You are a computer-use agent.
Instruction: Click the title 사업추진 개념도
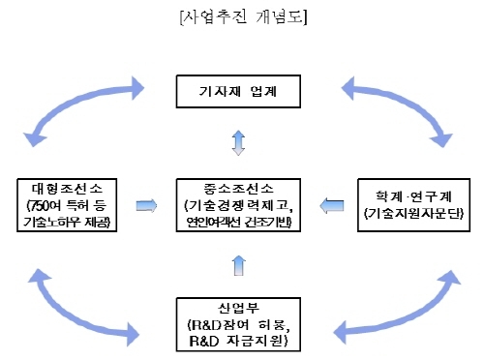[241, 16]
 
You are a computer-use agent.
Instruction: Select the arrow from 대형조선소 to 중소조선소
[146, 204]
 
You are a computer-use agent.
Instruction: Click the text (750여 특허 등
[65, 205]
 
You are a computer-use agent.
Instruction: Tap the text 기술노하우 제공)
[65, 223]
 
